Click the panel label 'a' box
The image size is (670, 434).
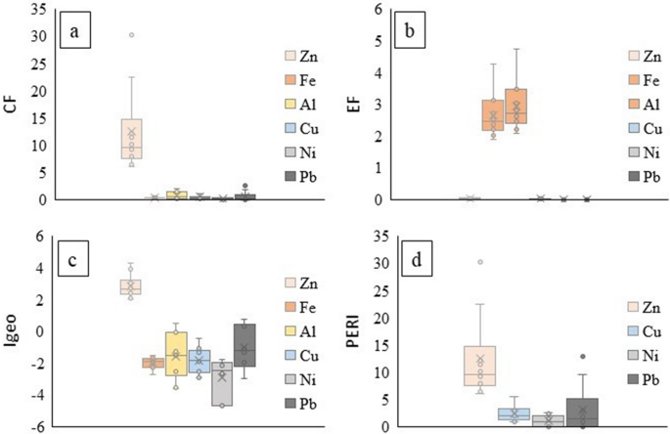click(72, 30)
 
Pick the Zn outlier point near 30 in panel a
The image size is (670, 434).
click(131, 35)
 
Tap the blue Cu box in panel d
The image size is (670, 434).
click(513, 413)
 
